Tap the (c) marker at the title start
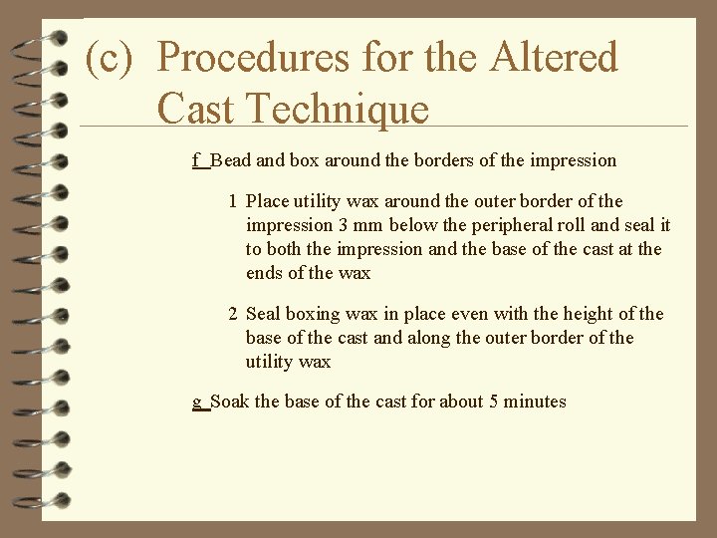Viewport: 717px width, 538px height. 110,58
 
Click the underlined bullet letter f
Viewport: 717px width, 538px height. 197,159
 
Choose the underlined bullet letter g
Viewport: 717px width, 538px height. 198,402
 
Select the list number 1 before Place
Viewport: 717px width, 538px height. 233,201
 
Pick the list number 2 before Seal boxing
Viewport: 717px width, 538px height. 233,314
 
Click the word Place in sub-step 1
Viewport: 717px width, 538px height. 267,201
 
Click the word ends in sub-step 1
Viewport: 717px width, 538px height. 267,273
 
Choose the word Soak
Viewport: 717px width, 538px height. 230,402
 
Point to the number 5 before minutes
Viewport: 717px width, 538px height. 494,402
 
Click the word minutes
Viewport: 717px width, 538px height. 535,402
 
